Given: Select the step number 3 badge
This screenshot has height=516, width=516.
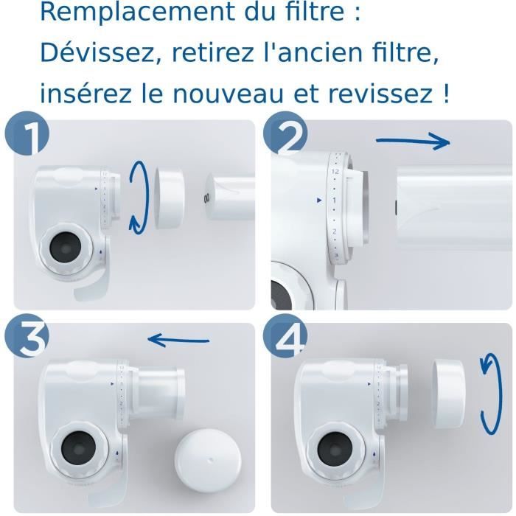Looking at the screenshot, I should point(26,341).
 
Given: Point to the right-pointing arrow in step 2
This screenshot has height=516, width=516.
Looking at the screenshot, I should point(413,142).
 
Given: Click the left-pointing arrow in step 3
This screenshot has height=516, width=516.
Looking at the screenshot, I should point(178,340).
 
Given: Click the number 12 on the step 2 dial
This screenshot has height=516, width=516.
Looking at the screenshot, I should point(335,171).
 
